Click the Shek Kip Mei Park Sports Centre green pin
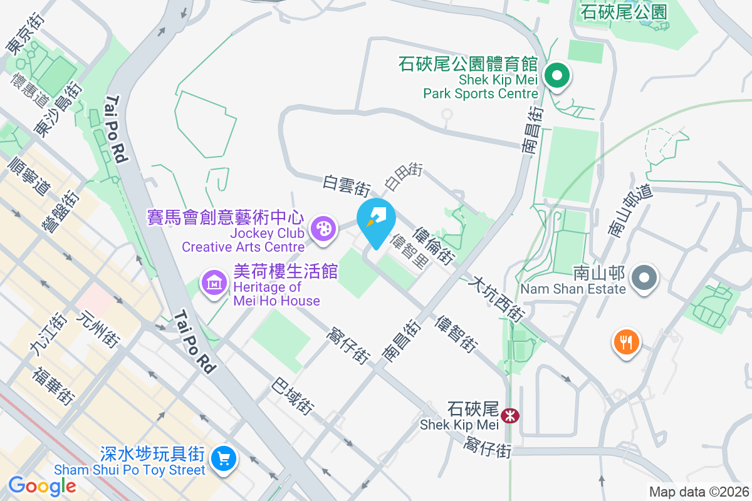(x=556, y=77)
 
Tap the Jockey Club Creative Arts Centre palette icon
(x=323, y=228)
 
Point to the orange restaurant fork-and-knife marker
(x=625, y=342)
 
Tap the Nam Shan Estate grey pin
(x=644, y=277)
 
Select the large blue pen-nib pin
(x=376, y=221)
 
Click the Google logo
(x=42, y=485)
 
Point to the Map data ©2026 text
(x=698, y=492)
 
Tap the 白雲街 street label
(x=347, y=183)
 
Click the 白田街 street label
(x=404, y=176)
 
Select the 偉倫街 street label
(x=434, y=245)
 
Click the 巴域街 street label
(x=292, y=396)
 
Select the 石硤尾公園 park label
(x=615, y=11)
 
